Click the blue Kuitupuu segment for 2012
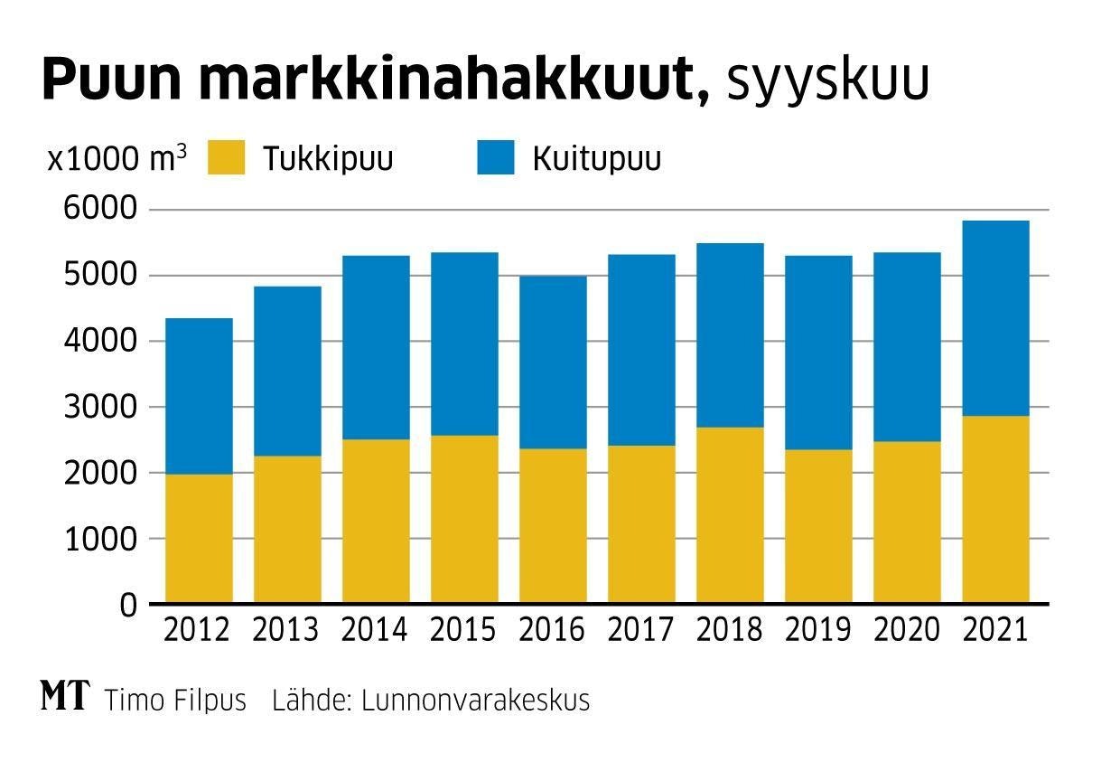(199, 396)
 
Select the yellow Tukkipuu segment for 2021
(995, 509)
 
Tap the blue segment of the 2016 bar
(553, 362)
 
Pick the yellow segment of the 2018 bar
(730, 514)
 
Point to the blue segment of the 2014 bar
(376, 348)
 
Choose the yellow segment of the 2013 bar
(287, 529)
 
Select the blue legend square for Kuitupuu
(495, 157)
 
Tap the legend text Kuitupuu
(596, 159)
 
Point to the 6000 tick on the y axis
(99, 210)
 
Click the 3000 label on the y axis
(99, 407)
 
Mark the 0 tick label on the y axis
(128, 604)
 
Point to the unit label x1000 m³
(117, 159)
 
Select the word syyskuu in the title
(826, 81)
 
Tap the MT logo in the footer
(65, 697)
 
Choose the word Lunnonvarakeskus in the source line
(475, 701)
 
